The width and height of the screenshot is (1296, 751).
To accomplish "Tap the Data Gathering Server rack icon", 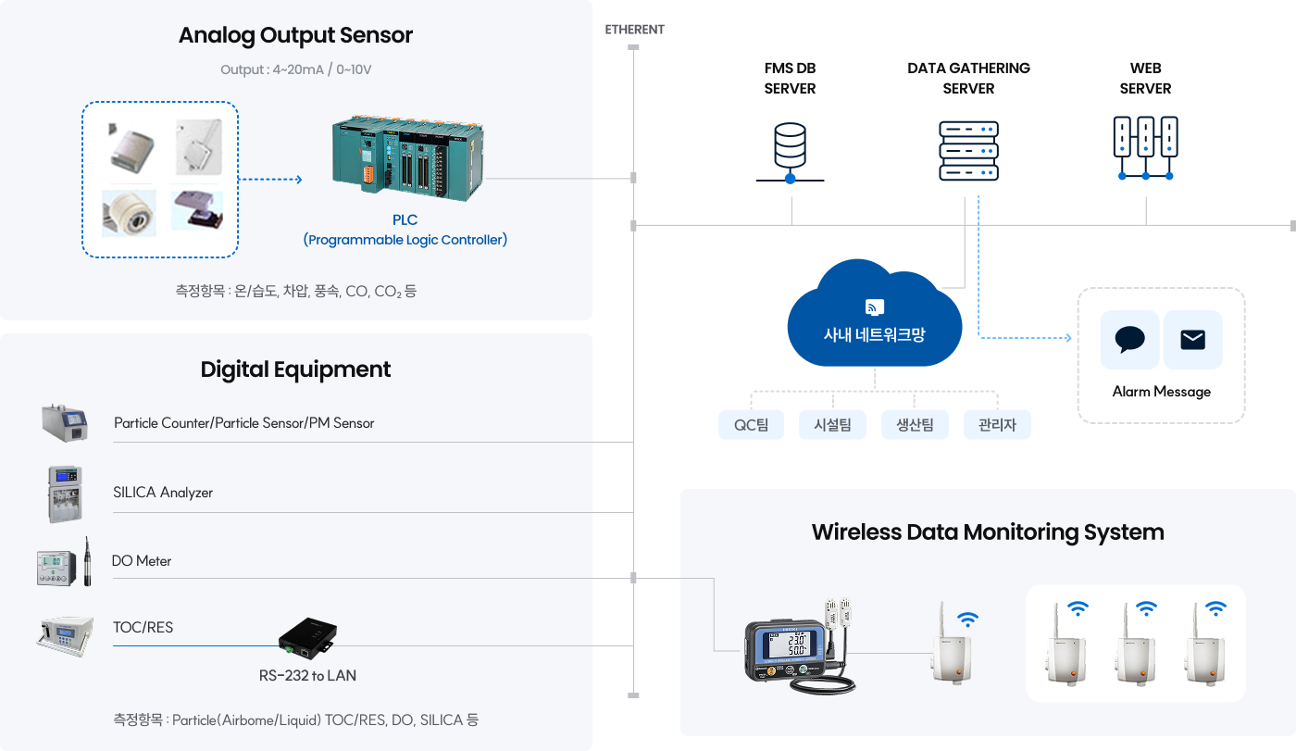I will pyautogui.click(x=968, y=150).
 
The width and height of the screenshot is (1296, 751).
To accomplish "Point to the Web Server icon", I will pyautogui.click(x=1145, y=147).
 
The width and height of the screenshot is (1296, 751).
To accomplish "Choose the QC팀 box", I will pyautogui.click(x=751, y=425).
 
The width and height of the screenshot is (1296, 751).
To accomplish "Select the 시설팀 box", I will pyautogui.click(x=832, y=425).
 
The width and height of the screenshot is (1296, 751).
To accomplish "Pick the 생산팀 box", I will pyautogui.click(x=915, y=425).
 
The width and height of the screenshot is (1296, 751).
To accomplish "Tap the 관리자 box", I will pyautogui.click(x=997, y=425).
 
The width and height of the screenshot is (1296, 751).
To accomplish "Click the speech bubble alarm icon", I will pyautogui.click(x=1129, y=340).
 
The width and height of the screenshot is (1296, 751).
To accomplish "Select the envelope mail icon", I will pyautogui.click(x=1192, y=340).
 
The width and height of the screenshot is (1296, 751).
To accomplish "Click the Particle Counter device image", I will pyautogui.click(x=64, y=423).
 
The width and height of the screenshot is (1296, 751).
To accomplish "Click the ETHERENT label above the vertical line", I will pyautogui.click(x=634, y=30).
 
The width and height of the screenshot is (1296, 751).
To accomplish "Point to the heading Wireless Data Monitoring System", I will pyautogui.click(x=987, y=532).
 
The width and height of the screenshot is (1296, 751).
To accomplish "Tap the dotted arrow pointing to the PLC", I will pyautogui.click(x=270, y=180).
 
